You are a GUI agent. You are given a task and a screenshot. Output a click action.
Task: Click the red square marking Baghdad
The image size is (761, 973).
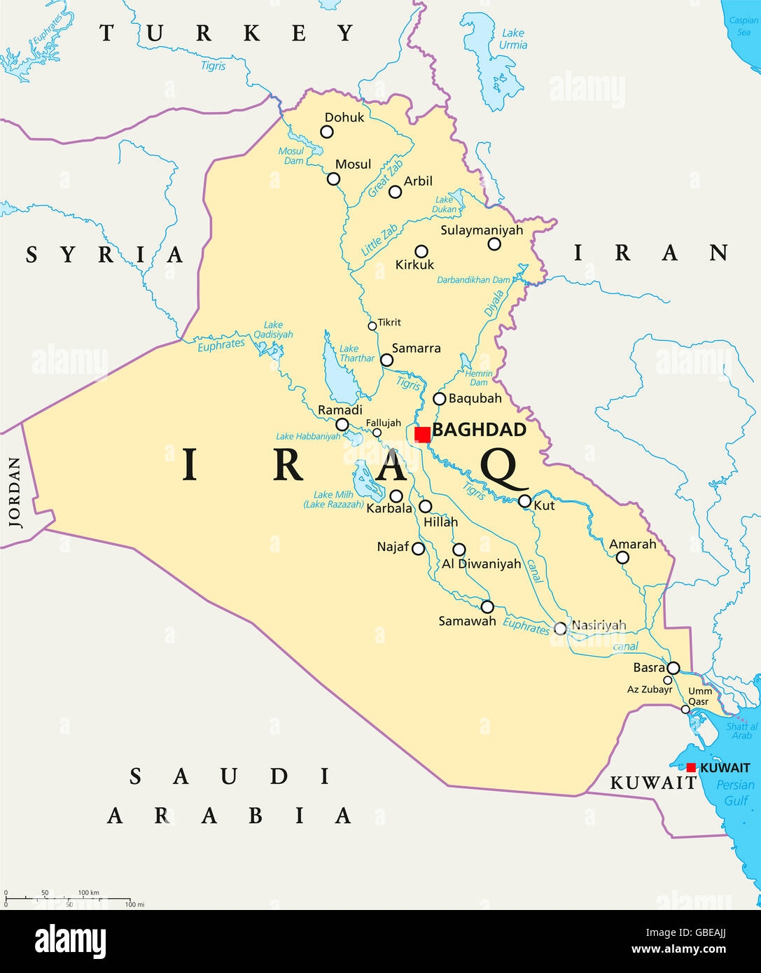[422, 435]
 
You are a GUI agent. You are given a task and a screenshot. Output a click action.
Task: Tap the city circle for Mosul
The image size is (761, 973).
[334, 179]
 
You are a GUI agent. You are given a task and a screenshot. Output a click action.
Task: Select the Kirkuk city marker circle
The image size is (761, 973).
[421, 251]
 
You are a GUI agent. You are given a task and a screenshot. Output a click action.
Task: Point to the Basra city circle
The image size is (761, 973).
[673, 668]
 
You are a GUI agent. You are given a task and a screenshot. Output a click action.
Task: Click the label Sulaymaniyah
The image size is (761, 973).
[482, 230]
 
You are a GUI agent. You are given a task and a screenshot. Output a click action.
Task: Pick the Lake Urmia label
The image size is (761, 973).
[513, 39]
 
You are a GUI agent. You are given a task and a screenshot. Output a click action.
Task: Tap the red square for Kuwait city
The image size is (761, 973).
[691, 768]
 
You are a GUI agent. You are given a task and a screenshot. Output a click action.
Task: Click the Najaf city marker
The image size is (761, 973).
[419, 549]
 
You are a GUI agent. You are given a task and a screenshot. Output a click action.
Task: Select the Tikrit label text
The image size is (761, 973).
[389, 323]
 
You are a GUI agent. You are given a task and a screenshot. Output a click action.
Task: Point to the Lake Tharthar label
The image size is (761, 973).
[356, 353]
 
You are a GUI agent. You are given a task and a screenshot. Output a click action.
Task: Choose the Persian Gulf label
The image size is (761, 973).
[735, 792]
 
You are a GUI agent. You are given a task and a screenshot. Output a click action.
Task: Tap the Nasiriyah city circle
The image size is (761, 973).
[560, 629]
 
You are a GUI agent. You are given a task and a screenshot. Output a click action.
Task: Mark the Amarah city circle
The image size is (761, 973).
[622, 558]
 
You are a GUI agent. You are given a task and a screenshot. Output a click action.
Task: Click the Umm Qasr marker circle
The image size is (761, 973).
[685, 710]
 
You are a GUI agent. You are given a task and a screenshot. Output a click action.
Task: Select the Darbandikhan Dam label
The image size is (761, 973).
[474, 280]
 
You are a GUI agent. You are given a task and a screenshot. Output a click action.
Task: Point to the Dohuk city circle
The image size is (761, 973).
[327, 132]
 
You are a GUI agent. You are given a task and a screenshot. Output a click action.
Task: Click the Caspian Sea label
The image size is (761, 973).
[743, 26]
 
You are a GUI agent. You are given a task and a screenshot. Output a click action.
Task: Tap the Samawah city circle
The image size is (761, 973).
[487, 607]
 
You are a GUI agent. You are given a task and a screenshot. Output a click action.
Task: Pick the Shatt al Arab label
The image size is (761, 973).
[741, 731]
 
